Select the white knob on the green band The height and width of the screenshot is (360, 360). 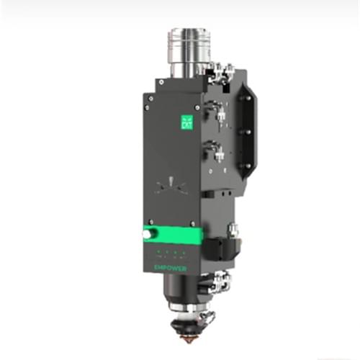(x=148, y=235)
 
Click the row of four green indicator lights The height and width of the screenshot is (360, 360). (x=169, y=252)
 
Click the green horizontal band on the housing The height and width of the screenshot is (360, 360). (x=173, y=235)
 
